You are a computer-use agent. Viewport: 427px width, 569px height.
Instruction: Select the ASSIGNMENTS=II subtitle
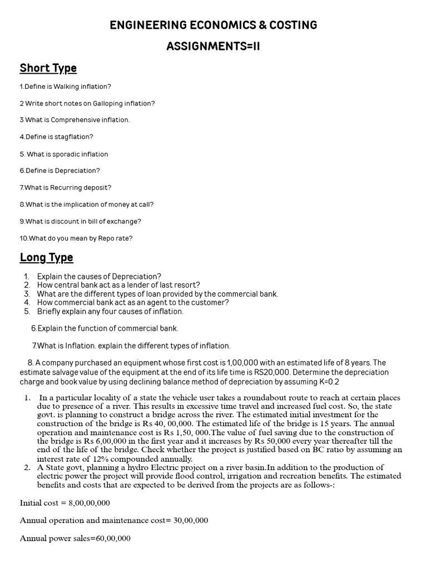click(x=213, y=46)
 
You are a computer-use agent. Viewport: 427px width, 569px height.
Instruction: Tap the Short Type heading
click(x=48, y=68)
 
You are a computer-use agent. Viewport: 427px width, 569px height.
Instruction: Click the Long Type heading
click(x=46, y=258)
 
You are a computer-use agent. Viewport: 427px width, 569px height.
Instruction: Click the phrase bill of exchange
click(x=113, y=221)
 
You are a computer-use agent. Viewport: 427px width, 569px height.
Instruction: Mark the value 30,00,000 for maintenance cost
click(x=189, y=521)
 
